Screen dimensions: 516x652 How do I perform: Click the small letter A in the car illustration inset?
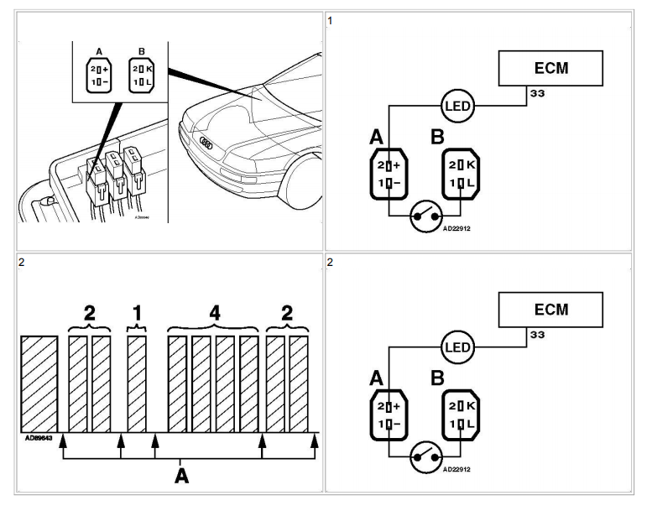(98, 52)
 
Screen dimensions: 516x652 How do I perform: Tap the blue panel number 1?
(331, 19)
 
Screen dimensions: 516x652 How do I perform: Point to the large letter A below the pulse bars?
(181, 477)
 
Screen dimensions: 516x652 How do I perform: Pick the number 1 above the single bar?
(137, 313)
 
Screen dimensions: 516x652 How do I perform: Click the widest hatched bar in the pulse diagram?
(39, 383)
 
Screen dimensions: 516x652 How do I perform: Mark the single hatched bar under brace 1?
(137, 383)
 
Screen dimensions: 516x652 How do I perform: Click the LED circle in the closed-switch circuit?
(458, 106)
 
